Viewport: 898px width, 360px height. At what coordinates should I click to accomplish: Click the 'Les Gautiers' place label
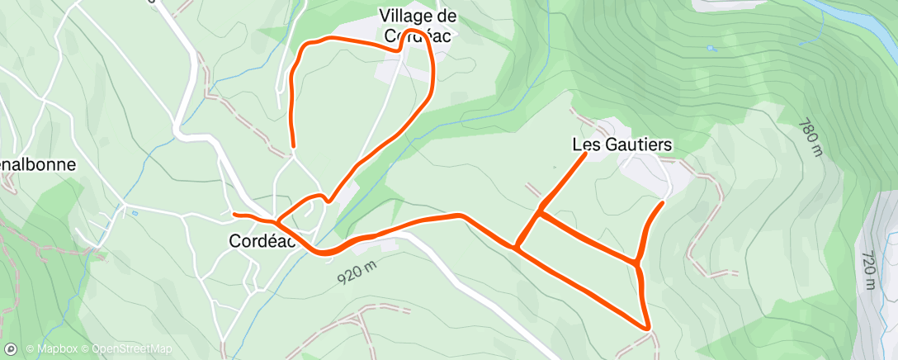pyautogui.click(x=622, y=144)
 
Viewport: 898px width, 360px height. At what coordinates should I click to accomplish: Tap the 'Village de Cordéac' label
pyautogui.click(x=418, y=26)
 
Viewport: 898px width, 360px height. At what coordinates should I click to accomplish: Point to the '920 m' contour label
pyautogui.click(x=357, y=273)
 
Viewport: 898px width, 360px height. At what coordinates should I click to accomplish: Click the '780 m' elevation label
pyautogui.click(x=811, y=137)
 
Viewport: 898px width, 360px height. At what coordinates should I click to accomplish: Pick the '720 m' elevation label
pyautogui.click(x=867, y=269)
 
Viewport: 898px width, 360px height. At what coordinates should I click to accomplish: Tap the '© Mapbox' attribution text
pyautogui.click(x=54, y=349)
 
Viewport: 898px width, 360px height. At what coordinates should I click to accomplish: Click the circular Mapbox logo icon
pyautogui.click(x=11, y=349)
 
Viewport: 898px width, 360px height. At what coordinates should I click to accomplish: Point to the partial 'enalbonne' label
pyautogui.click(x=38, y=164)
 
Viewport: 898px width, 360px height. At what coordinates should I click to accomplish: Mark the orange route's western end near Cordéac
pyautogui.click(x=235, y=215)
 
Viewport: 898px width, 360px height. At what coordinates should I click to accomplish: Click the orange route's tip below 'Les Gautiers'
pyautogui.click(x=586, y=154)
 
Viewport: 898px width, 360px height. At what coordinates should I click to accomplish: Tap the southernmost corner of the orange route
pyautogui.click(x=649, y=328)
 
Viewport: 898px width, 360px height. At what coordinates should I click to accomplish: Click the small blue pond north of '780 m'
pyautogui.click(x=712, y=48)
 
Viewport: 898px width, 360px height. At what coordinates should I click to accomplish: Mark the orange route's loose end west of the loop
pyautogui.click(x=293, y=145)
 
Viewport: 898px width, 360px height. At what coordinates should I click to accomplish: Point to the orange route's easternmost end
pyautogui.click(x=663, y=201)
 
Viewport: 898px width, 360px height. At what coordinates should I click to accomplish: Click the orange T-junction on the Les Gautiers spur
pyautogui.click(x=540, y=211)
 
